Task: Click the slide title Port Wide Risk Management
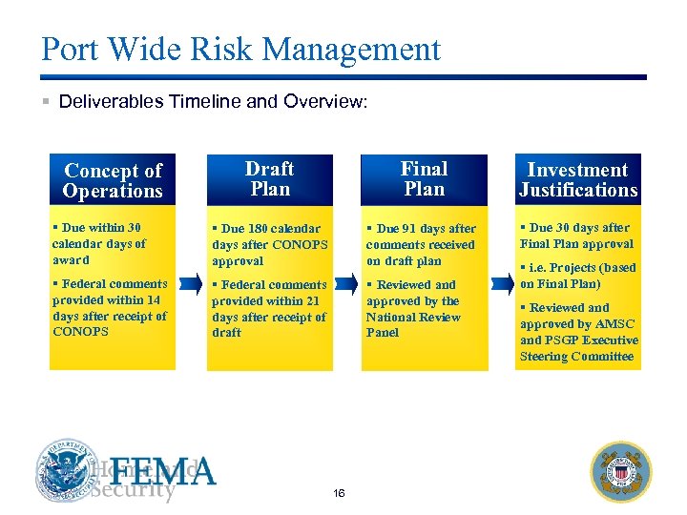(240, 50)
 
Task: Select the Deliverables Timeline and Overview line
(212, 101)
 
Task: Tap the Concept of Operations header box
(113, 180)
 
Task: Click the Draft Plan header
(269, 179)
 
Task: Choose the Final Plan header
(424, 179)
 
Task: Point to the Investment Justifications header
(577, 180)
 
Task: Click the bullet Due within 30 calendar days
(99, 243)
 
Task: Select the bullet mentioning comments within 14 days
(109, 307)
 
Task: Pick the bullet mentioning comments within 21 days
(269, 308)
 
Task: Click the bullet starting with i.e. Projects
(578, 276)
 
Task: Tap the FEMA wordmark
(167, 471)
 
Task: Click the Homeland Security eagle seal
(68, 470)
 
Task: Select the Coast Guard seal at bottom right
(620, 471)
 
